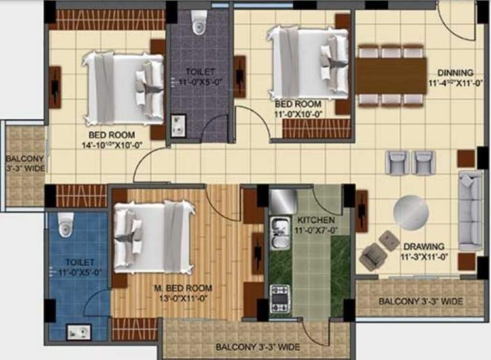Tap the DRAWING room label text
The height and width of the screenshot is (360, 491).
tap(424, 247)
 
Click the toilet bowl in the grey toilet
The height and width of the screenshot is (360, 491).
tap(199, 24)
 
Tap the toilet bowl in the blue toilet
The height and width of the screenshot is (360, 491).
tap(65, 225)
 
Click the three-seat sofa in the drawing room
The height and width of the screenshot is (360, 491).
tap(469, 211)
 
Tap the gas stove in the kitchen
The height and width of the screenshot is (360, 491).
tap(280, 297)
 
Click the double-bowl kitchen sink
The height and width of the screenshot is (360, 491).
tap(278, 234)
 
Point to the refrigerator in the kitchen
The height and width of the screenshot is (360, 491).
tap(283, 199)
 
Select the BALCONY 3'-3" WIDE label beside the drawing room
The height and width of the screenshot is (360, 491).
tap(420, 301)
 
